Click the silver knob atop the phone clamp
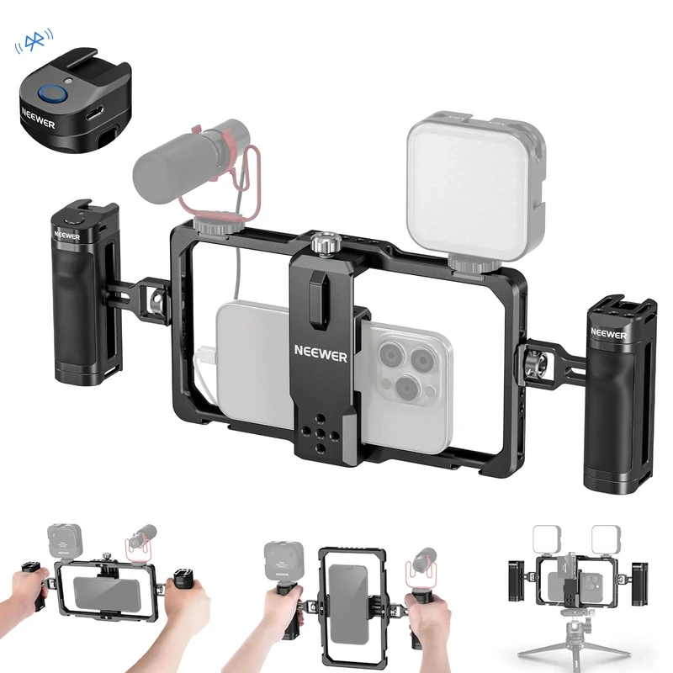(321, 244)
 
